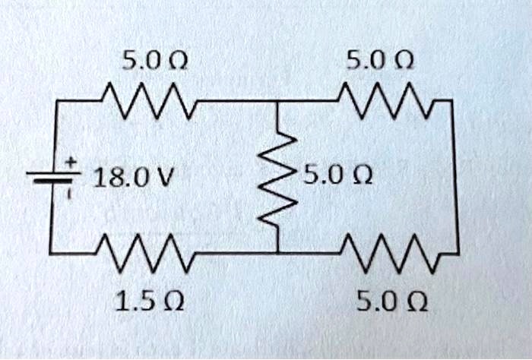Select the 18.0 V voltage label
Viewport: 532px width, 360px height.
[132, 178]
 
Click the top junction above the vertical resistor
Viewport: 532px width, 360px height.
[277, 101]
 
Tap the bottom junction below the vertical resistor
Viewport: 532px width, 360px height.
[277, 251]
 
